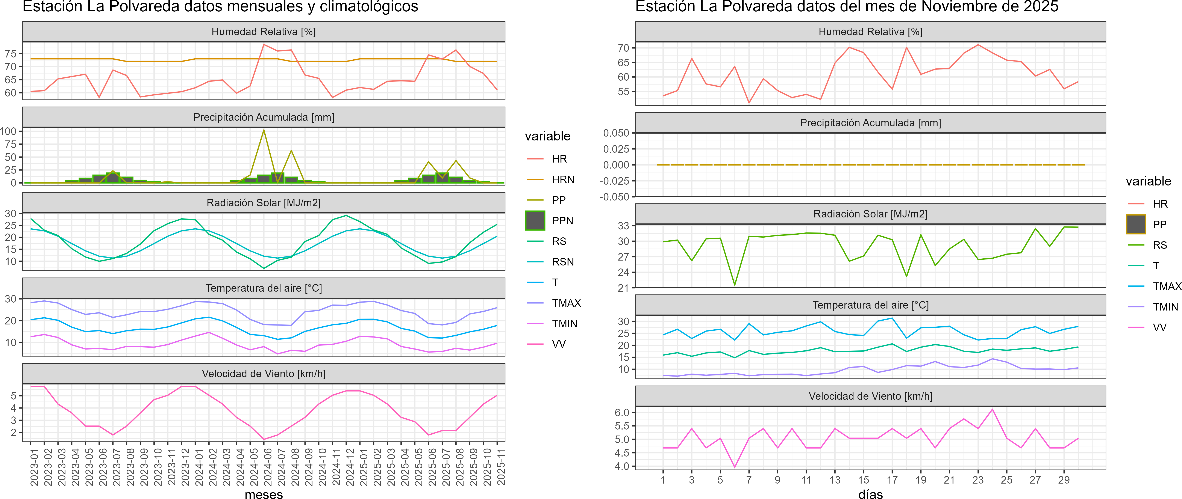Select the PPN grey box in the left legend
click(535, 221)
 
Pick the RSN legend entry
click(562, 262)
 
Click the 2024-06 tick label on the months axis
click(264, 467)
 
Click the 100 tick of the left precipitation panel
click(8, 131)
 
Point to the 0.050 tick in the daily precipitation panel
click(616, 133)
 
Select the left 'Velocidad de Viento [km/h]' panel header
click(264, 374)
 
